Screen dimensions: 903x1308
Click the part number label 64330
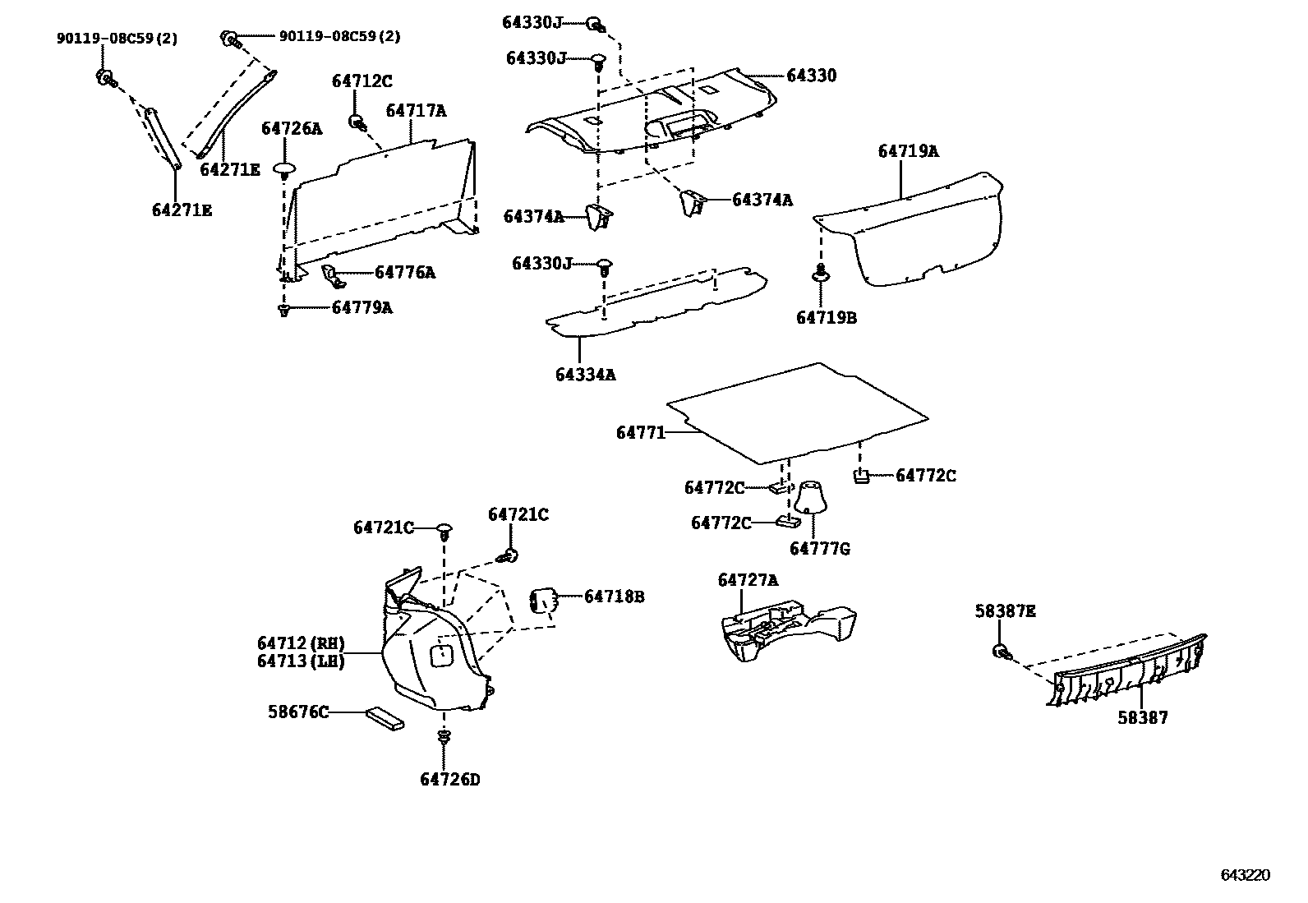click(811, 76)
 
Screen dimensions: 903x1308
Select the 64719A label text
click(908, 151)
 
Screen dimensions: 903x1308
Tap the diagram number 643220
click(1245, 876)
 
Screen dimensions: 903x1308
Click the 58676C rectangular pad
click(385, 717)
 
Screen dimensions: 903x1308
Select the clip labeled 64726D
click(444, 737)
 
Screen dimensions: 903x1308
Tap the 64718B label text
click(614, 597)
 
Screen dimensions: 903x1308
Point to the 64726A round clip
click(283, 170)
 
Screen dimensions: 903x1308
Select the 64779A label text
click(362, 308)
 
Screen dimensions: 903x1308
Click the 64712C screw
click(357, 122)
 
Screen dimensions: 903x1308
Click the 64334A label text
click(585, 375)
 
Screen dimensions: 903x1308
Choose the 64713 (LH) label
click(301, 661)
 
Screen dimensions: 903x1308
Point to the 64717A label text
click(416, 111)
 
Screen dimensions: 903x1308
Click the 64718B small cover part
click(542, 601)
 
